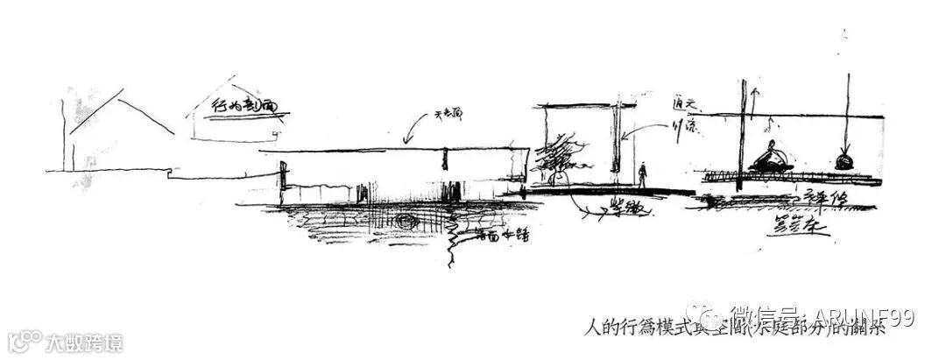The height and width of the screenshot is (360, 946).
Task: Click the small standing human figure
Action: [642, 175]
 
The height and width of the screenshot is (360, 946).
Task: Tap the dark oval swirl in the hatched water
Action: [406, 222]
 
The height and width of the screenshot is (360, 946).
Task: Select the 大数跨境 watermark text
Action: [84, 342]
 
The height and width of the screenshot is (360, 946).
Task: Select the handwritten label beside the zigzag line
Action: [500, 234]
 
